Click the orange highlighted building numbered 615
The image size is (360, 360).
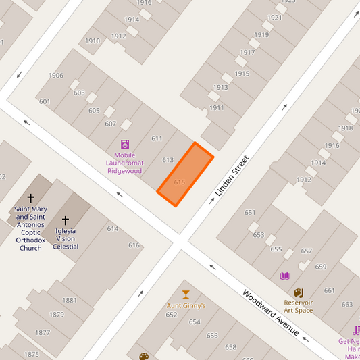click(185, 174)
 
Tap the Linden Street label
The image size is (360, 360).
click(232, 176)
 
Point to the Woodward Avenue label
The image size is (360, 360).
click(270, 313)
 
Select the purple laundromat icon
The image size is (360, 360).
click(125, 145)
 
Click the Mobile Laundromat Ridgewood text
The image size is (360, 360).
click(124, 163)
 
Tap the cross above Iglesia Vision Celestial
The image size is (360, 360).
click(66, 220)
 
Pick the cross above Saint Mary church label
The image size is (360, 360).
click(30, 199)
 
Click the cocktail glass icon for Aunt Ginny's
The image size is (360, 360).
click(186, 294)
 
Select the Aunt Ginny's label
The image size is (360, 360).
click(186, 305)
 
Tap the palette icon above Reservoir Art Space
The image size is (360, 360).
click(299, 292)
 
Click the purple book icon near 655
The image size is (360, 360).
click(284, 276)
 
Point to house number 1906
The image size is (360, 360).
click(56, 76)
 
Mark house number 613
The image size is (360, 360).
click(168, 160)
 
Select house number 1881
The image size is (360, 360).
click(69, 301)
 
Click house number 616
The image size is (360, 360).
click(134, 245)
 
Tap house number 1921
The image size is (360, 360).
click(274, 18)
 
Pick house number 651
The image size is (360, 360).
click(250, 213)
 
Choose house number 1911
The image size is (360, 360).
click(216, 108)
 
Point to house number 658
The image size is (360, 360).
click(231, 347)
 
